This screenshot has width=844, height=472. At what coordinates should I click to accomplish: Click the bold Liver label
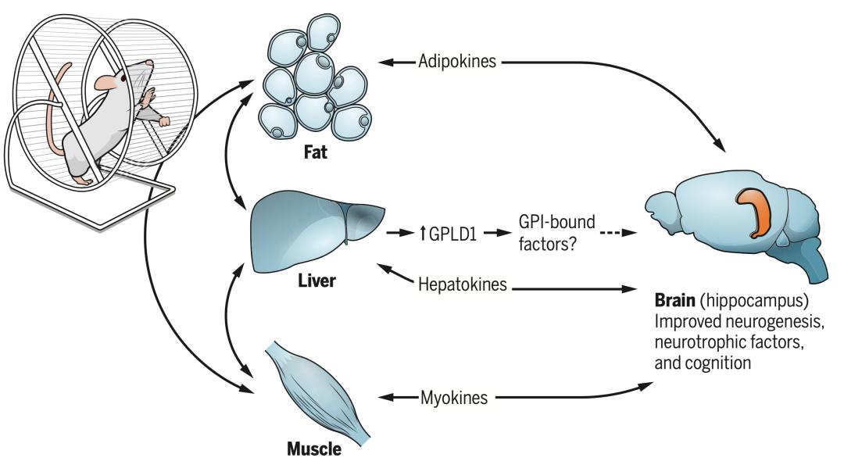tap(316, 279)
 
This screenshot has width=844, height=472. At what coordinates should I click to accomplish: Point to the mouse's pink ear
tap(104, 82)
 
